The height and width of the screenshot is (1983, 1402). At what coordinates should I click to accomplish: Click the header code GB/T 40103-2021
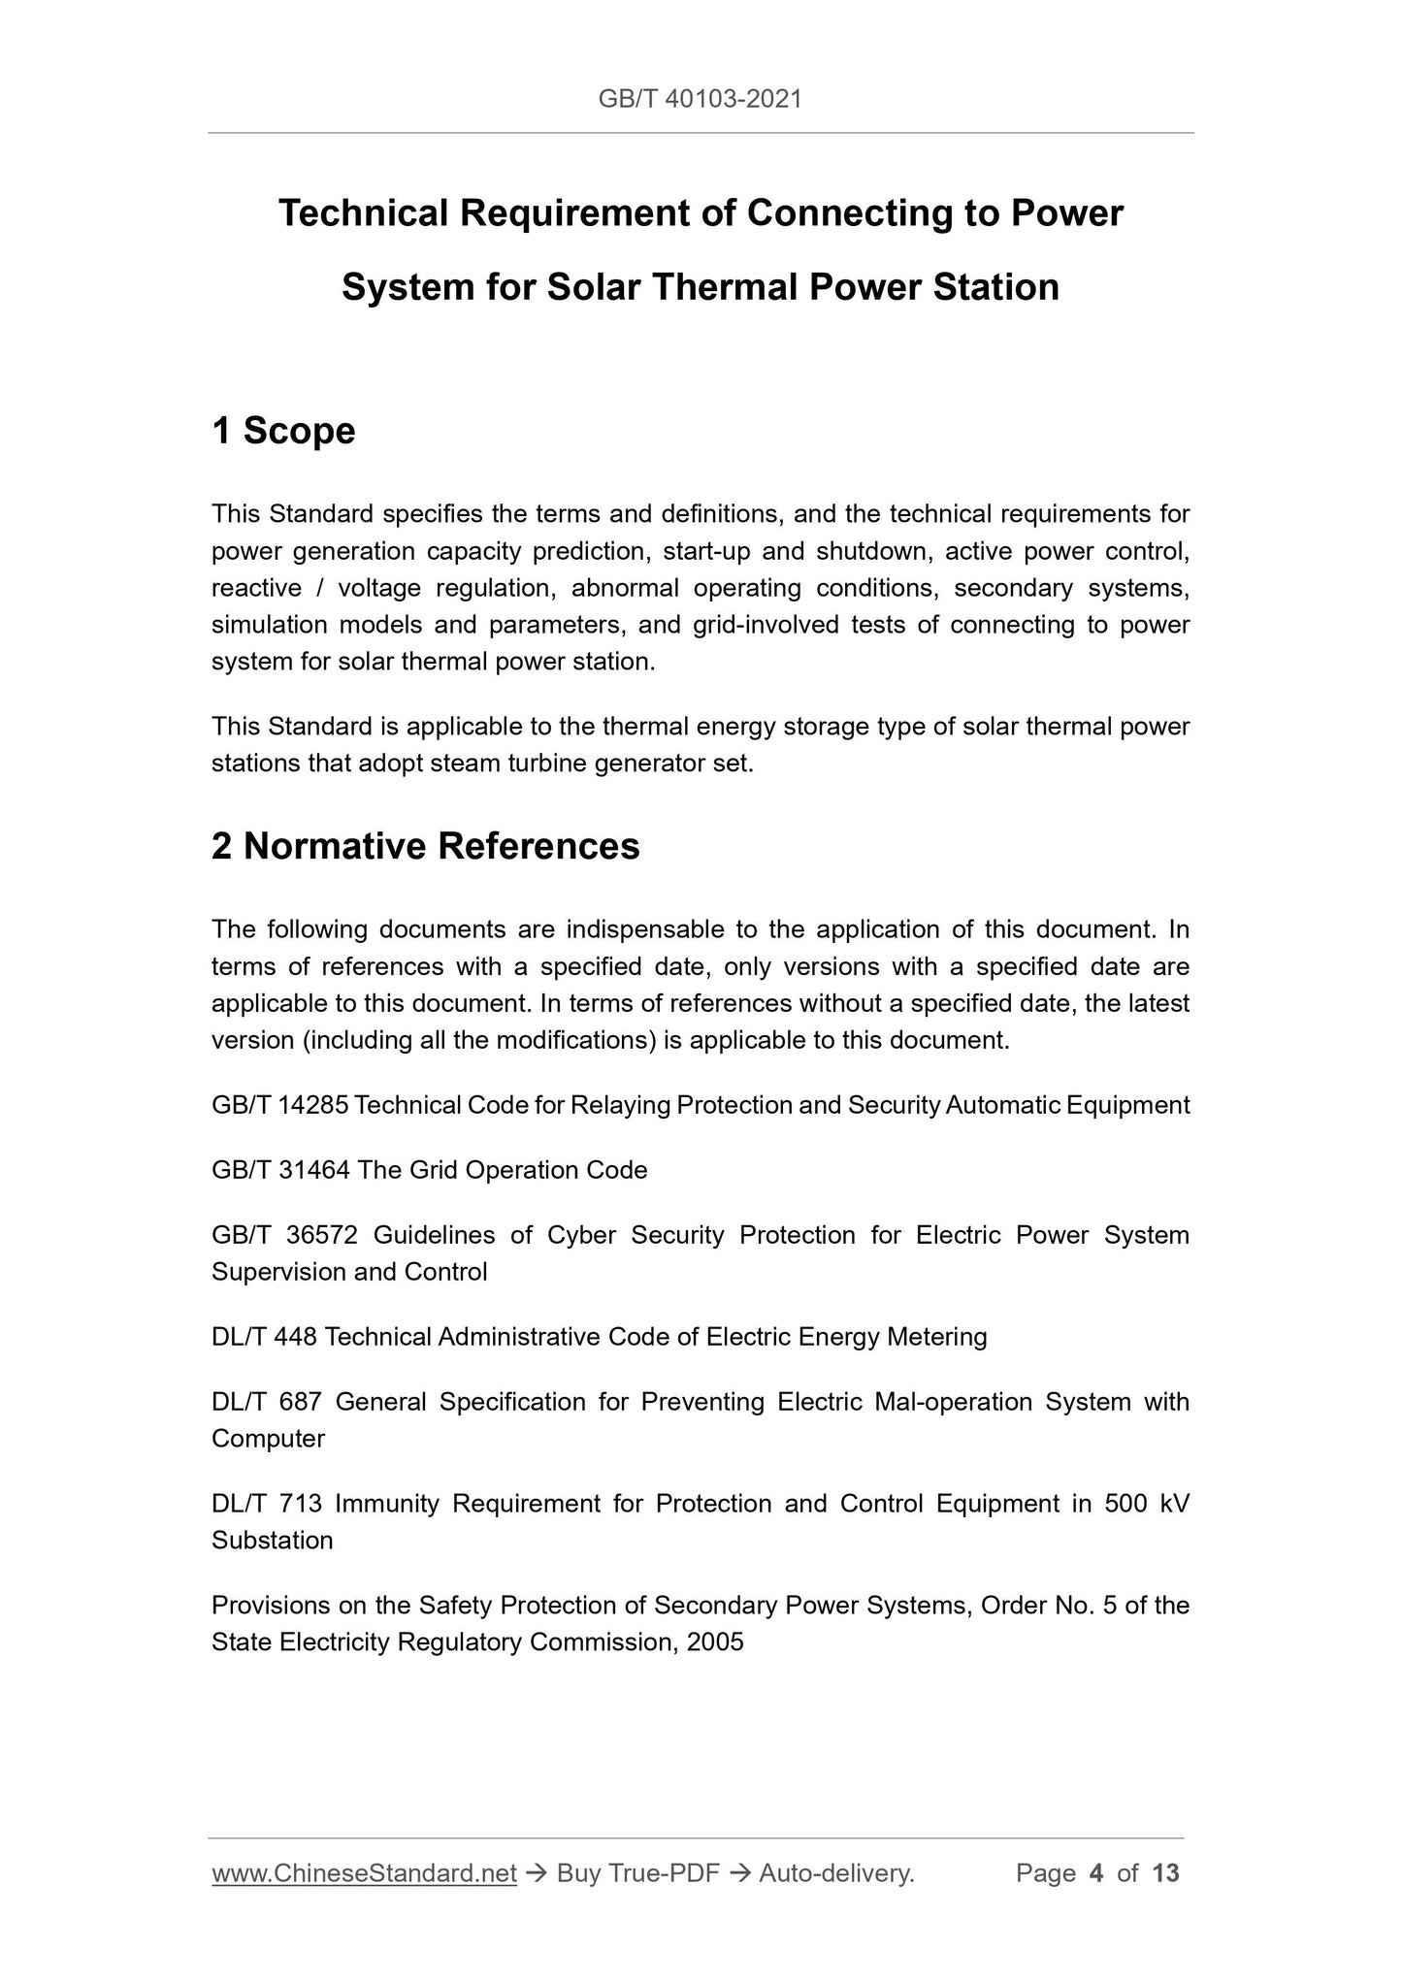pyautogui.click(x=701, y=99)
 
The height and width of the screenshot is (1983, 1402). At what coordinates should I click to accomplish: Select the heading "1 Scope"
pyautogui.click(x=283, y=431)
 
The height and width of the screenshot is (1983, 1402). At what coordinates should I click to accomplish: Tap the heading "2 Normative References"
pyautogui.click(x=425, y=846)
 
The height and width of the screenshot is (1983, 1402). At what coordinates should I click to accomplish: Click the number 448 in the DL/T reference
pyautogui.click(x=295, y=1337)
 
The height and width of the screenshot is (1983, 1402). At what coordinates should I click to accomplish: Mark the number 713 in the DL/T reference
pyautogui.click(x=300, y=1504)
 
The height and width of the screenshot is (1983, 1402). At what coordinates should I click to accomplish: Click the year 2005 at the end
pyautogui.click(x=713, y=1642)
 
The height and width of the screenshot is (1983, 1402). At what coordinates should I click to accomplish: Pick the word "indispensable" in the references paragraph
pyautogui.click(x=644, y=929)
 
